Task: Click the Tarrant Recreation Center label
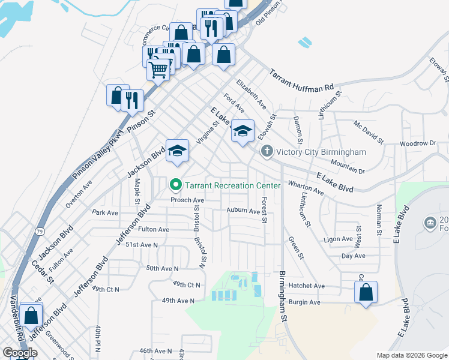(232, 185)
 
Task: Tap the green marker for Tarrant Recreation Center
(176, 185)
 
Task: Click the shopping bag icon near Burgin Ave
(366, 293)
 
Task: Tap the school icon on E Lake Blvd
(243, 131)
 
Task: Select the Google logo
(20, 353)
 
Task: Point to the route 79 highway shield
(40, 231)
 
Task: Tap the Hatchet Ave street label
(306, 286)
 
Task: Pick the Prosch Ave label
(187, 200)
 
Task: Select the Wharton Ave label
(306, 187)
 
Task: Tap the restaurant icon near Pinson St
(132, 100)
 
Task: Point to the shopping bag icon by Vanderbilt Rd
(31, 315)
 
